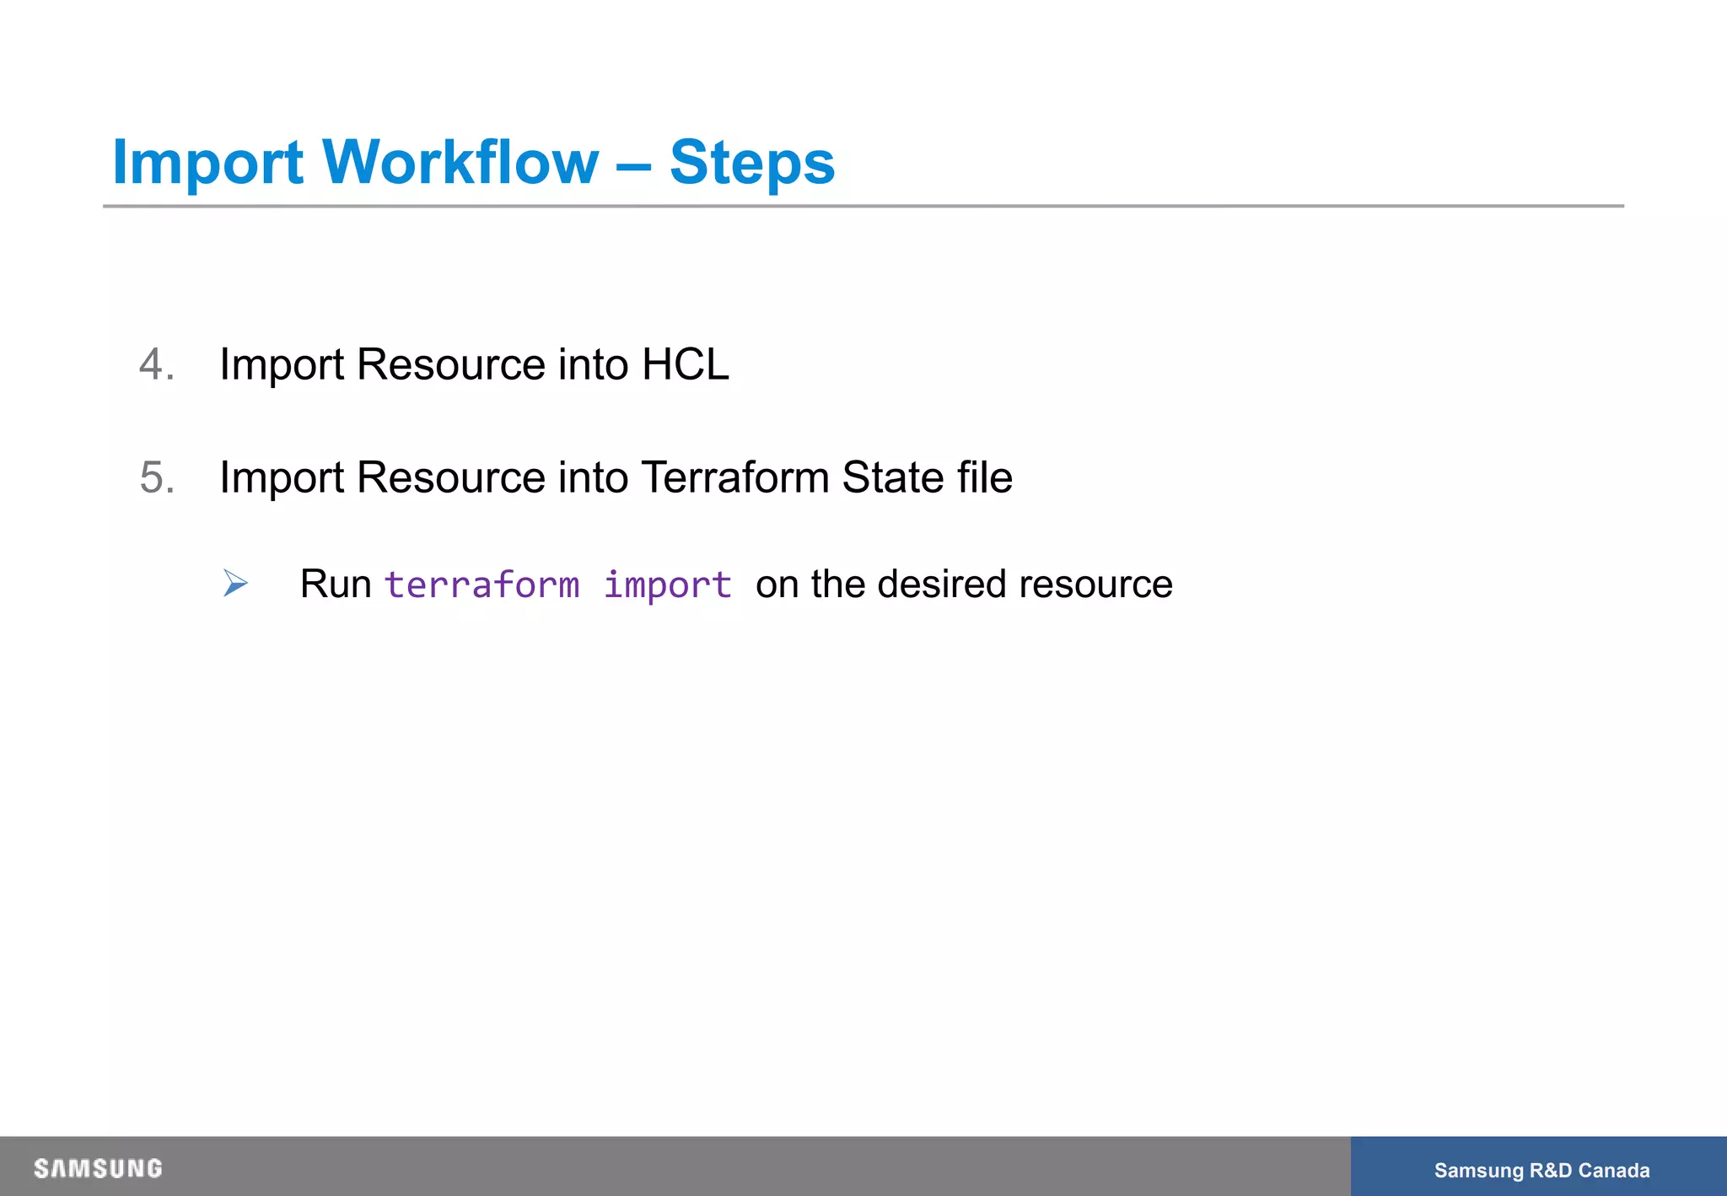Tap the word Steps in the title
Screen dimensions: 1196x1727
[x=751, y=163]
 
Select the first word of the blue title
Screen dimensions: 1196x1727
[x=207, y=163]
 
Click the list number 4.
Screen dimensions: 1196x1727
[x=156, y=365]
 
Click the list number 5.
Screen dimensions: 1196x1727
[x=156, y=478]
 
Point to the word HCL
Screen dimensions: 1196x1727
[x=685, y=365]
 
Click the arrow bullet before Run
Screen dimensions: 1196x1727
[x=235, y=583]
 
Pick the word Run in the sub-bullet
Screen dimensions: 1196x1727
[x=336, y=585]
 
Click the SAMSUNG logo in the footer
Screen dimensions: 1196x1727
[x=98, y=1169]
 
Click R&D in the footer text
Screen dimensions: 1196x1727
[x=1551, y=1171]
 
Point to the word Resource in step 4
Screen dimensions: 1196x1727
[x=450, y=365]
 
